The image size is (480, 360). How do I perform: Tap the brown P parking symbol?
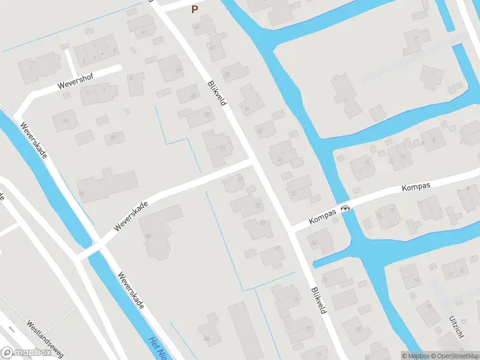(x=194, y=9)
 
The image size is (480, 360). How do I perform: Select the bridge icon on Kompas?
(x=345, y=208)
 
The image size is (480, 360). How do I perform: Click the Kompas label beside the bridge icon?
(x=322, y=217)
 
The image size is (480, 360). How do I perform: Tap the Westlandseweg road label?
(x=44, y=340)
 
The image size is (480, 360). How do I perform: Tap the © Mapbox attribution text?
(x=416, y=356)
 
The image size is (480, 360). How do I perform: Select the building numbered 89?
(x=65, y=121)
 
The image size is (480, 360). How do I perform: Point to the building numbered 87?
(x=112, y=137)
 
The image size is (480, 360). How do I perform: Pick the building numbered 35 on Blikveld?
(x=192, y=96)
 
